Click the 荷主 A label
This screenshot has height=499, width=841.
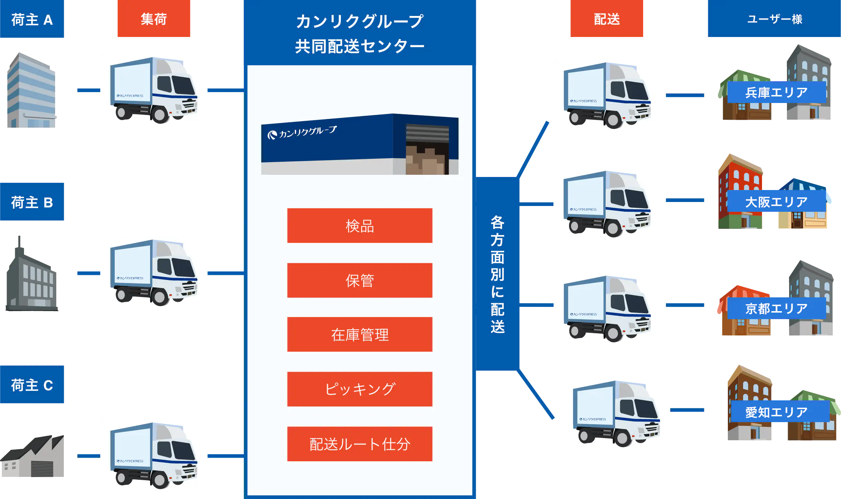click(33, 19)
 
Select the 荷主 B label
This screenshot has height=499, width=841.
click(33, 202)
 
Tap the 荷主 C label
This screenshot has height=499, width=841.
click(33, 384)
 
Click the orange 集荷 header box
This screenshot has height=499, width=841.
click(154, 19)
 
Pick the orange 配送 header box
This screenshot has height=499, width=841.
click(606, 19)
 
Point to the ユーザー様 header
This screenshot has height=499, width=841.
click(774, 19)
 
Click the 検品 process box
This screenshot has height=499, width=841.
click(359, 226)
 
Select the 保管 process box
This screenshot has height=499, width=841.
click(359, 280)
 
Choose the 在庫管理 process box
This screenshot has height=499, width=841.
click(359, 334)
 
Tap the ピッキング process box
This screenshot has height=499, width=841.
click(359, 389)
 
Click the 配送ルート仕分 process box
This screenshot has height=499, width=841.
click(359, 444)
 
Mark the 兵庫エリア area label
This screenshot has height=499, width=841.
click(776, 92)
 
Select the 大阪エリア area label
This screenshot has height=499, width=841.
click(776, 202)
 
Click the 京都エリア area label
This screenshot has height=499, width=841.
click(776, 308)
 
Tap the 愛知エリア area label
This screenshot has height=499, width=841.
click(776, 412)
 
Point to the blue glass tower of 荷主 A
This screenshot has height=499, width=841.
click(31, 91)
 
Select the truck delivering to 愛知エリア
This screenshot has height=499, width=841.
click(618, 413)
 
